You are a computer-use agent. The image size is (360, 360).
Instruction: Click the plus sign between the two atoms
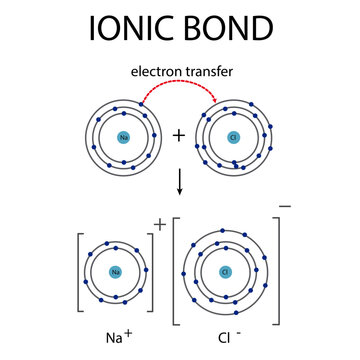coord(179,135)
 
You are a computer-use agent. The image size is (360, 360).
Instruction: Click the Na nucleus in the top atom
coord(123,137)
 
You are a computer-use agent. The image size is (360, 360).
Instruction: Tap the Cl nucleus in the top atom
coord(234,137)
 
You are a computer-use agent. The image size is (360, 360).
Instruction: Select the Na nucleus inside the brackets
coord(116,270)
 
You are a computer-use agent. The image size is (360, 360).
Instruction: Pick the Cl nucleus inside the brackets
coord(226,270)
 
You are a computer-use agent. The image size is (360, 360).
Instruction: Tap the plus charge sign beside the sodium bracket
coord(160,224)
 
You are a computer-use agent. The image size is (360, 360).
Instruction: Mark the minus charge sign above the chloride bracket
coord(287,207)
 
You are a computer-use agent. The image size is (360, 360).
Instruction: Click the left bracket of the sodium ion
coord(80,270)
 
